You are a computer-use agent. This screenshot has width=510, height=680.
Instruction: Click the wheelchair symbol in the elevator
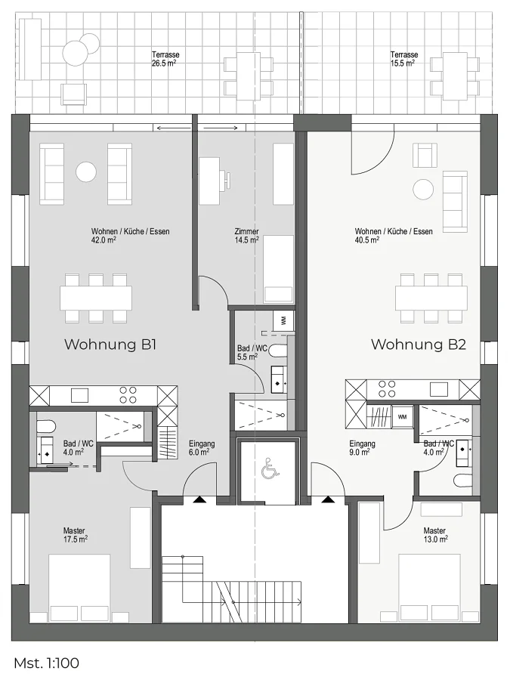coord(267,471)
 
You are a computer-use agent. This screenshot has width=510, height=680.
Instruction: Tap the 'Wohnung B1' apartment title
coord(110,345)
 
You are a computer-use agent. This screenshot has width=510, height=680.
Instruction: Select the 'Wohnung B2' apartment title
coord(419,345)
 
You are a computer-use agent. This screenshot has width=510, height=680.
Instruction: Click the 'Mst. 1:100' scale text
coord(46,663)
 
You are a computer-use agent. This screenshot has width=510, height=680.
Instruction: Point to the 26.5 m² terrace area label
coord(163,63)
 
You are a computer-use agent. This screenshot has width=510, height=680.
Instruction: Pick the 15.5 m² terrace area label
coord(402,63)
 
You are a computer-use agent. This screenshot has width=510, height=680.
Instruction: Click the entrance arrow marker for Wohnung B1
coord(200,499)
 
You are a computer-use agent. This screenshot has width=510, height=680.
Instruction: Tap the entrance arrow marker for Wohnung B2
coord(328,499)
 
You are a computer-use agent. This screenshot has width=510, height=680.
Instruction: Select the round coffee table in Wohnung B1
coord(86,172)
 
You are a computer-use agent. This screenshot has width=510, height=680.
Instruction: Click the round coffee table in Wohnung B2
coord(423,190)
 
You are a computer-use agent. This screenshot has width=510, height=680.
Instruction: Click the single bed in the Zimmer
coord(278,269)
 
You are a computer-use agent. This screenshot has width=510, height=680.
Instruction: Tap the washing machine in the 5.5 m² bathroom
coord(283,321)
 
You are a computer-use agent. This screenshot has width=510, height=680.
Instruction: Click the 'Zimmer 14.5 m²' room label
coord(247,236)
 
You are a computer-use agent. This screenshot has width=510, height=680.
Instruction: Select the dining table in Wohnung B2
coord(431,298)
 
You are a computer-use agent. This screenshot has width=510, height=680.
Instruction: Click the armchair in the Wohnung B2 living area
coord(425,155)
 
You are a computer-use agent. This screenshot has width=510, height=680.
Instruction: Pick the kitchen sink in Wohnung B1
coord(80,395)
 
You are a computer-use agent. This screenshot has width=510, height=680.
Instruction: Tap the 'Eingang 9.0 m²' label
coord(362,448)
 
